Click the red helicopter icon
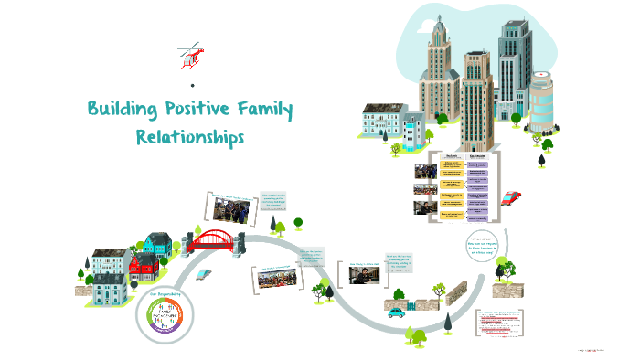coord(190,54)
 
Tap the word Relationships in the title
coord(190,138)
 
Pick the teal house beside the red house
coord(157,244)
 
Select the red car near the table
coord(512,196)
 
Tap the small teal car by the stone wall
coord(397,312)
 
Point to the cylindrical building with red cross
coord(541,101)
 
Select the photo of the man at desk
coord(363,276)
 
